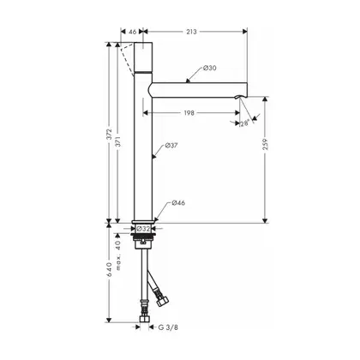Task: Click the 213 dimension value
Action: tap(191, 32)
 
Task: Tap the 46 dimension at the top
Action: tap(133, 32)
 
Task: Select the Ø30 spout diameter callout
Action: tap(210, 68)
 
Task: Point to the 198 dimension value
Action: tap(189, 113)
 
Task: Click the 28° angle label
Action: tap(244, 123)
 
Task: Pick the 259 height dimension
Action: tap(266, 144)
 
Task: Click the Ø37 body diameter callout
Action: tap(171, 146)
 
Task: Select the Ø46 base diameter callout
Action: tap(178, 203)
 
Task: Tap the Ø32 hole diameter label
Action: tap(143, 229)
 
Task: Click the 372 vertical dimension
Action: tap(109, 135)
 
